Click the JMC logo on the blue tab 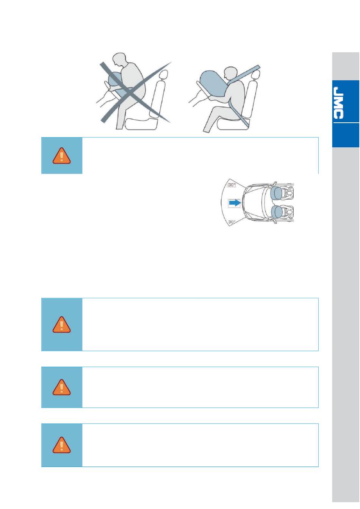coord(338,103)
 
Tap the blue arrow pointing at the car coord(235,203)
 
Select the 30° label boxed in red coord(232,185)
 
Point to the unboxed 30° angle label coord(232,222)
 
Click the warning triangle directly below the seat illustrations coord(61,156)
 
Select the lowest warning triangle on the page coord(61,445)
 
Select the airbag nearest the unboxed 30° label coord(276,212)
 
